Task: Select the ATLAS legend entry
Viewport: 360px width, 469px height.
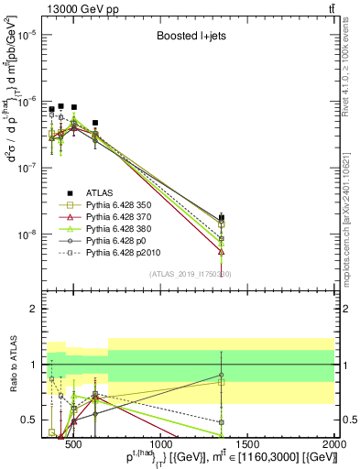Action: coord(99,192)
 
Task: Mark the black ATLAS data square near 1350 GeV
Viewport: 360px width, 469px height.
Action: coord(222,218)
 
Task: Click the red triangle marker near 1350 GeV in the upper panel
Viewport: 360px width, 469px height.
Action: coord(222,251)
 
